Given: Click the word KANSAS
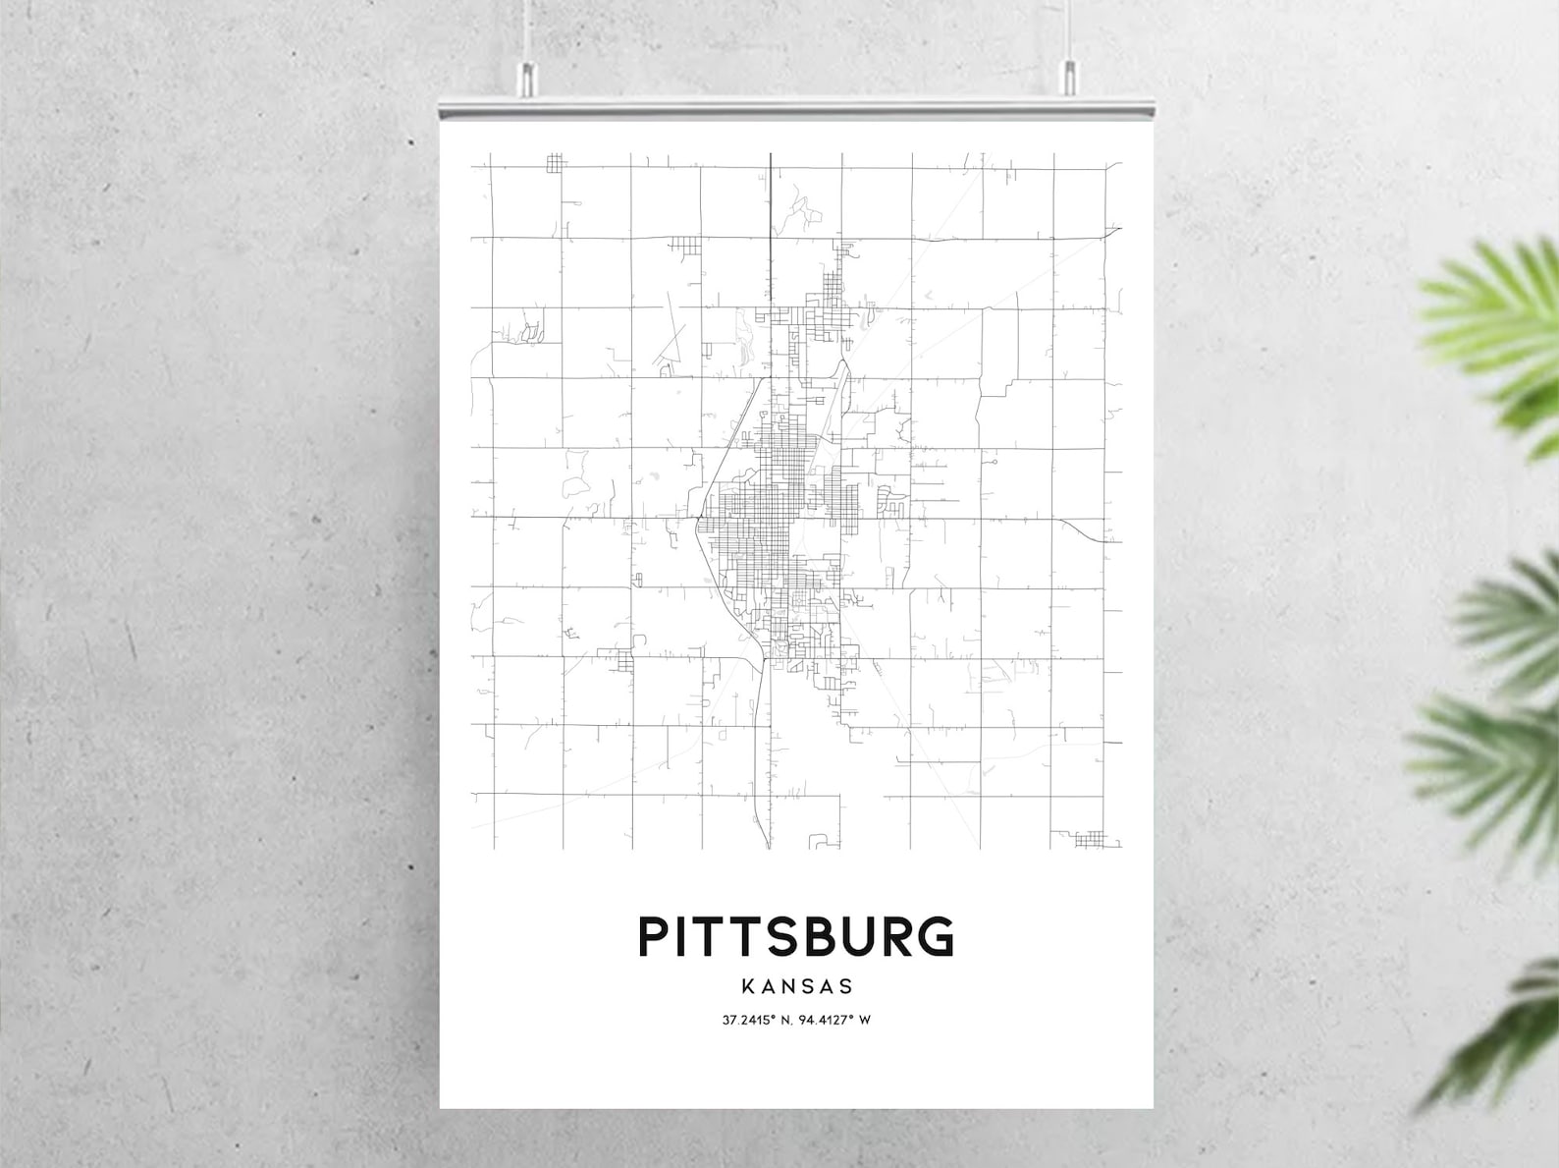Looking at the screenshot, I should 797,985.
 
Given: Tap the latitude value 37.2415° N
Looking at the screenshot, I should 758,1020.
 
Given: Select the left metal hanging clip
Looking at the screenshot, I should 528,78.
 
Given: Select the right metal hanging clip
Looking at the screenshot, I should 1069,78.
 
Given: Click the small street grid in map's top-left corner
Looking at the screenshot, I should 557,163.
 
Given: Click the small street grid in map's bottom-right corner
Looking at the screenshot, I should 1090,839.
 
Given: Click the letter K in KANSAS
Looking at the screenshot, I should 749,985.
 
